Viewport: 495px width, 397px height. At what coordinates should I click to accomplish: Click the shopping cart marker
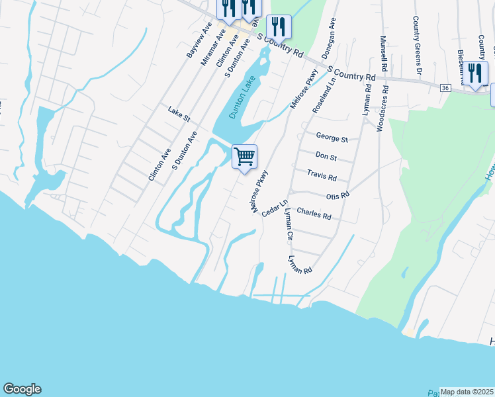click(x=245, y=157)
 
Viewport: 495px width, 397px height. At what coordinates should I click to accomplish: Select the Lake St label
click(x=179, y=114)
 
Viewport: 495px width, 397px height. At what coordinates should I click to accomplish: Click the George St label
click(x=332, y=139)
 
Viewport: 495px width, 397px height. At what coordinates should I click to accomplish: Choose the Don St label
click(x=326, y=157)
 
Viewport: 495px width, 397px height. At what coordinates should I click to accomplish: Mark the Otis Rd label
click(x=337, y=196)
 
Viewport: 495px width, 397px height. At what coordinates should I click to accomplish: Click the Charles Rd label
click(x=314, y=214)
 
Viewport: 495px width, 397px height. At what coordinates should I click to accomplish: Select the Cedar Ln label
click(x=275, y=208)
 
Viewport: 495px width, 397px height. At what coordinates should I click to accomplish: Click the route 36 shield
click(x=445, y=87)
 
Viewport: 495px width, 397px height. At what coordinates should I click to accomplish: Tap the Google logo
click(x=22, y=389)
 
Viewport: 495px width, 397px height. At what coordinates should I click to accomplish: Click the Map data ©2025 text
click(x=467, y=392)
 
